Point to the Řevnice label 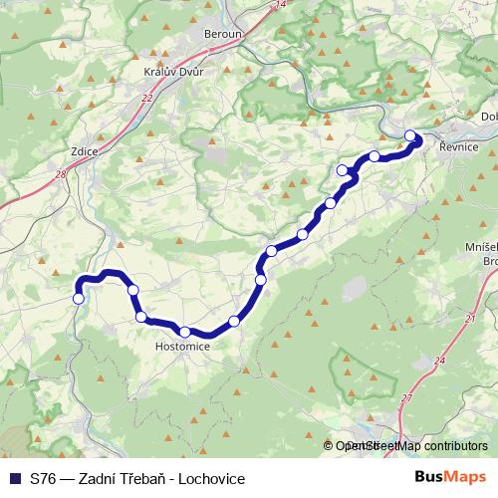459,146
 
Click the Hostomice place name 182,348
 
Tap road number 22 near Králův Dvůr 147,98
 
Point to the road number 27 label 406,398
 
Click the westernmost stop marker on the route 79,297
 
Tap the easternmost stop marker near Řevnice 410,136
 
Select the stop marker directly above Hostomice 185,332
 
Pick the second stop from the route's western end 132,290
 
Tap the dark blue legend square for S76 14,479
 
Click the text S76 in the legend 43,479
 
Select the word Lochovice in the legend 212,479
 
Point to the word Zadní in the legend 102,479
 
